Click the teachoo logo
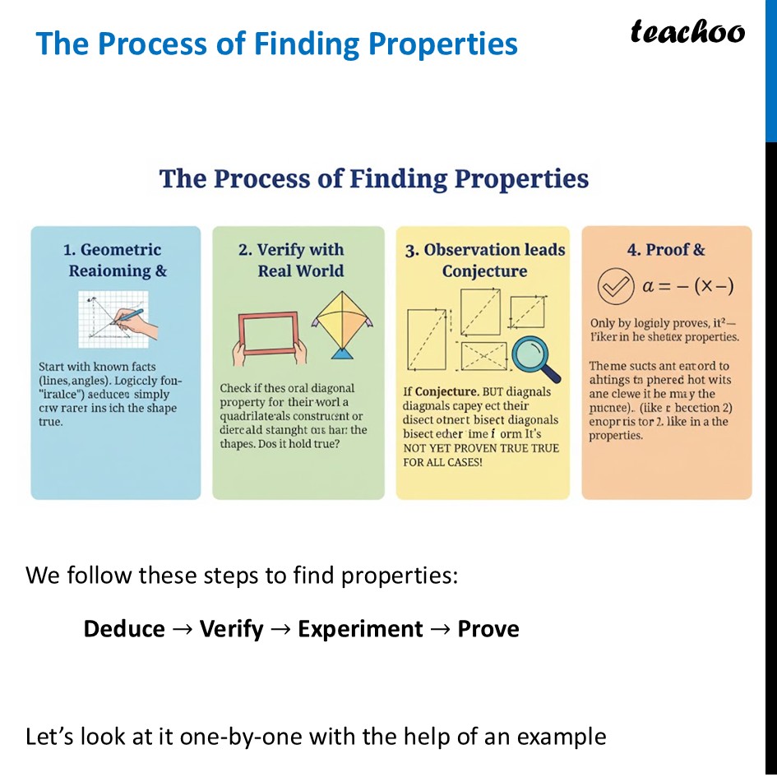(687, 32)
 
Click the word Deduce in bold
(124, 629)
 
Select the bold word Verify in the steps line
(231, 629)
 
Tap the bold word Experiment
(360, 629)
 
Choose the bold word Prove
(488, 629)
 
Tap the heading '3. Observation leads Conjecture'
(484, 260)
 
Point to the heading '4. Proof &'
(666, 250)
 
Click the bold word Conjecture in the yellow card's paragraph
(448, 391)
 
